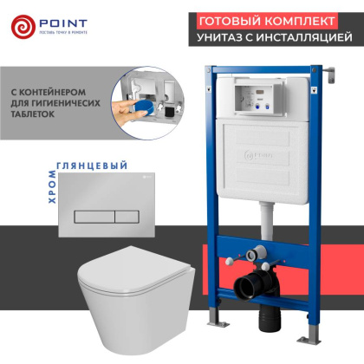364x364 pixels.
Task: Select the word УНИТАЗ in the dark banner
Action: point(223,37)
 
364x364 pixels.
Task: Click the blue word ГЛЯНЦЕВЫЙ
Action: point(91,165)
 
